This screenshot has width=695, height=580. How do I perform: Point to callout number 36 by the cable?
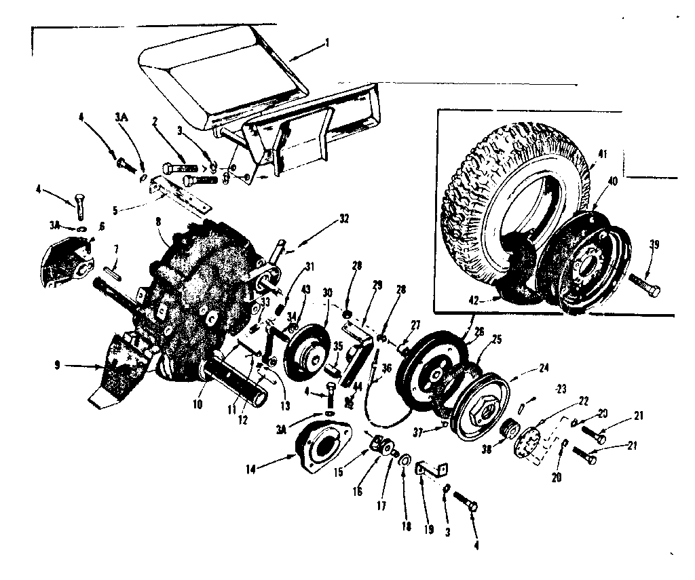[387, 369]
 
